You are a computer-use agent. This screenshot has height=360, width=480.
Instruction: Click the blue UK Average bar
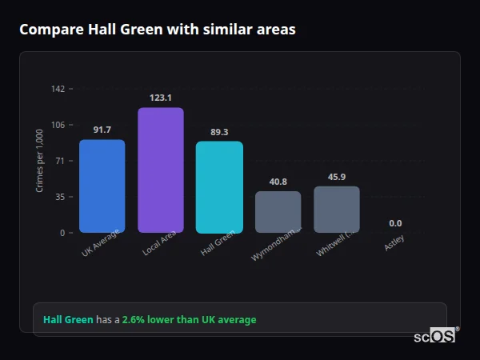pyautogui.click(x=102, y=186)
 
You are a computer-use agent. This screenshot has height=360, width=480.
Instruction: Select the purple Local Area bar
pyautogui.click(x=161, y=170)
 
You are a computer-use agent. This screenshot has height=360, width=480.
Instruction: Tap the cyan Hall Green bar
pyautogui.click(x=219, y=187)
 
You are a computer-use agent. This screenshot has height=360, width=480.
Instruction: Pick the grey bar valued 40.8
pyautogui.click(x=278, y=212)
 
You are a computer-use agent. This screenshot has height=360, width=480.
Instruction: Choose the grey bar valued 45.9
pyautogui.click(x=337, y=210)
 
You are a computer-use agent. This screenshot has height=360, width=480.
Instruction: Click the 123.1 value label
pyautogui.click(x=161, y=98)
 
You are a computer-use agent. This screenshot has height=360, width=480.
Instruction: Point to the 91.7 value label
pyautogui.click(x=102, y=130)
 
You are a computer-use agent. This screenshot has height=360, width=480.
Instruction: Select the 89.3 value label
pyautogui.click(x=219, y=132)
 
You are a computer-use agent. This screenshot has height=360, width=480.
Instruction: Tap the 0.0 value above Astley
pyautogui.click(x=395, y=223)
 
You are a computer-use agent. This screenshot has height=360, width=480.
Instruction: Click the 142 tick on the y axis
pyautogui.click(x=58, y=89)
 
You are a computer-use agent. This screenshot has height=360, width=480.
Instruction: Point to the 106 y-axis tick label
pyautogui.click(x=58, y=125)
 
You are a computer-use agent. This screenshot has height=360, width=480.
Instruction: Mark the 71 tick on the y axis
pyautogui.click(x=60, y=161)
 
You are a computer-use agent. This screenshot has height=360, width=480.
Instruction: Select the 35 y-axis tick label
pyautogui.click(x=60, y=197)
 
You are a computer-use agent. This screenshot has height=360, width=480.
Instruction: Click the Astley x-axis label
pyautogui.click(x=394, y=243)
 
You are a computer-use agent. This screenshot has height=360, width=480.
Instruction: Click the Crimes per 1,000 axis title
pyautogui.click(x=40, y=161)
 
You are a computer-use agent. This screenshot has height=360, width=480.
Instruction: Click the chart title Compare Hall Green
pyautogui.click(x=157, y=30)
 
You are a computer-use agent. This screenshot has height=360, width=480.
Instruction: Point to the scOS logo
pyautogui.click(x=435, y=337)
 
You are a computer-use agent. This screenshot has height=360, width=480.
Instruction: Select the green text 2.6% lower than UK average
pyautogui.click(x=189, y=320)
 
